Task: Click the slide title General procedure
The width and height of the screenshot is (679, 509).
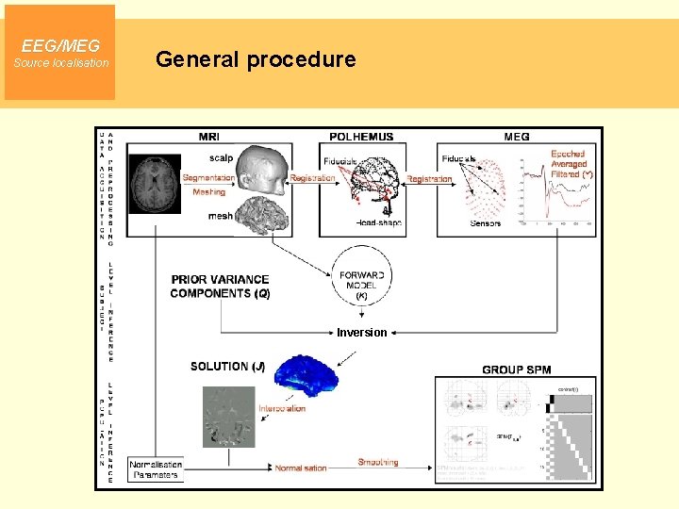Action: (x=256, y=60)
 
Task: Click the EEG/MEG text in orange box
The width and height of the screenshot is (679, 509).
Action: (x=60, y=45)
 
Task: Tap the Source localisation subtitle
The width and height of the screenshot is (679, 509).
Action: (x=60, y=63)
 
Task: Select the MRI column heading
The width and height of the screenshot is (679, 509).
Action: (x=209, y=137)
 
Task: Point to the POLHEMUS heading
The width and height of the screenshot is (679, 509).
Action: (x=361, y=137)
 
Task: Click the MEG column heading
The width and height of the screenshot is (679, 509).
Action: (x=516, y=137)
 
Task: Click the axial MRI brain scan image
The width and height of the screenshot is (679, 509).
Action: (x=155, y=183)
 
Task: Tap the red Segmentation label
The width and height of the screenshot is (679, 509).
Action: (x=208, y=177)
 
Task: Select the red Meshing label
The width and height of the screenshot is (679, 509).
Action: (x=208, y=191)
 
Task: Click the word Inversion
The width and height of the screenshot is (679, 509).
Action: (x=361, y=332)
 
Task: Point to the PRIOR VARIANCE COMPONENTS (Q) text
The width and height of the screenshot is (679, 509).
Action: (x=220, y=287)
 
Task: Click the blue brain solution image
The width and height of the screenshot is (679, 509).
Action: (x=305, y=374)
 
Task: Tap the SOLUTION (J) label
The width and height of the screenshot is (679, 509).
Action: (x=227, y=366)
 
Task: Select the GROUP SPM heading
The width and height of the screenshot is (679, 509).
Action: (x=516, y=369)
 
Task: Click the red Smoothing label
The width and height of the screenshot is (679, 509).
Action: (x=378, y=462)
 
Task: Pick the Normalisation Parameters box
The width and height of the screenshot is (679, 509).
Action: (x=156, y=469)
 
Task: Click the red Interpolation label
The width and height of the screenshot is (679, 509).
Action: (x=282, y=408)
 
